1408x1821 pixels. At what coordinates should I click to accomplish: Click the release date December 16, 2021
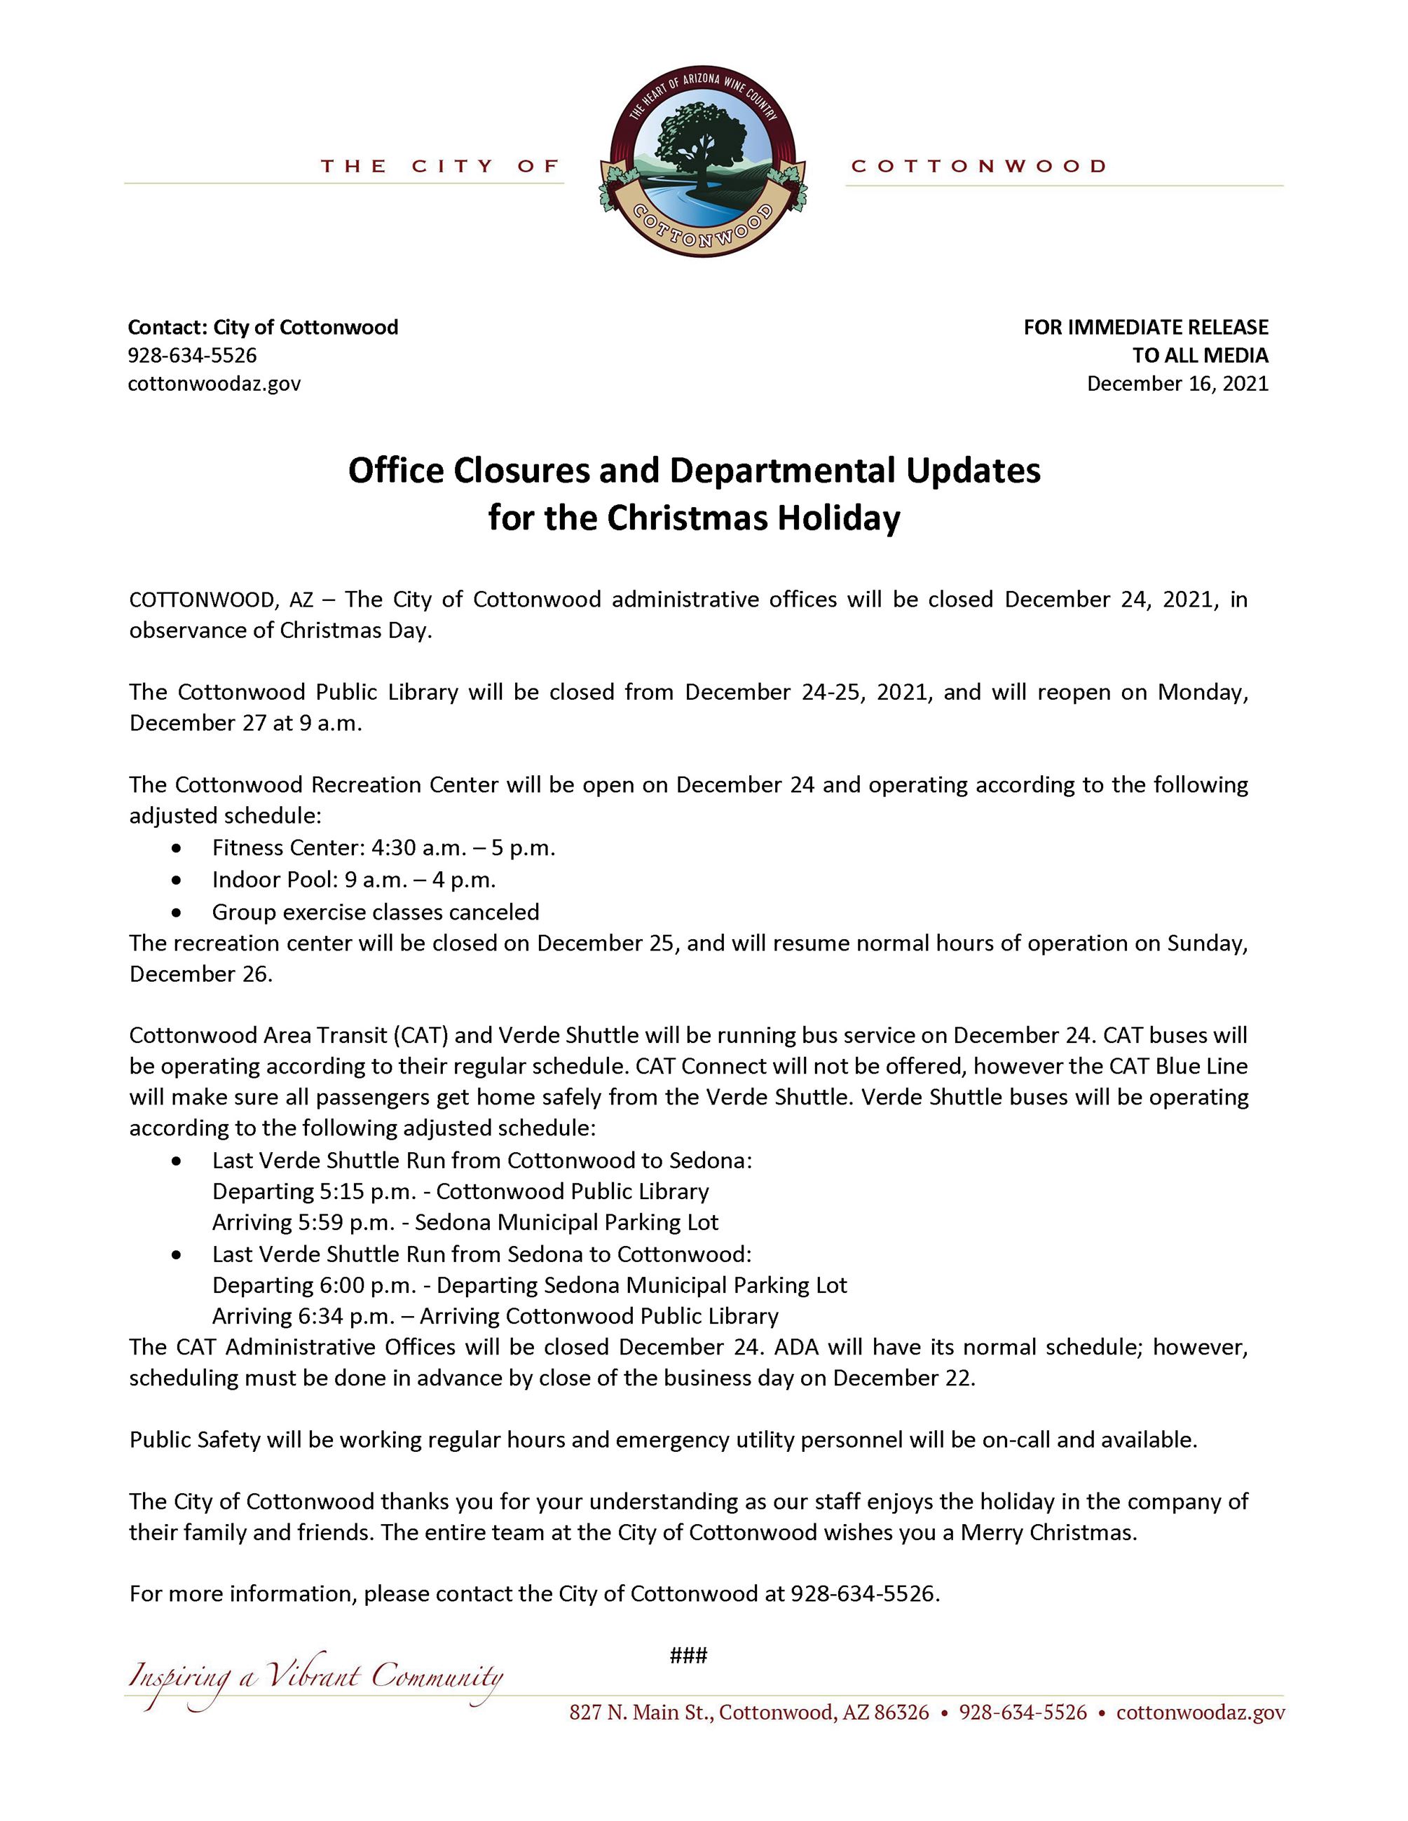coord(1177,384)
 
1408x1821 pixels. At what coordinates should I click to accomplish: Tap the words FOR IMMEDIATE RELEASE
coord(1145,327)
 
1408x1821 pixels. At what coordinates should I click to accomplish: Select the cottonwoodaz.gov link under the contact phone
coord(214,384)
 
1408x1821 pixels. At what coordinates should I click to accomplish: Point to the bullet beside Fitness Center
coord(176,848)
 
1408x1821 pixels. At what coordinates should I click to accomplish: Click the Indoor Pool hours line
coord(354,880)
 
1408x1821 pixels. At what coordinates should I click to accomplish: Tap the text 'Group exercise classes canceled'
coord(376,911)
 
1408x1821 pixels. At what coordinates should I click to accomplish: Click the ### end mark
coord(688,1655)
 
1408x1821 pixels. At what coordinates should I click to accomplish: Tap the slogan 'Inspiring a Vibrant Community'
coord(315,1677)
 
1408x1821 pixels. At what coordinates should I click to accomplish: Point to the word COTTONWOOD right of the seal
coord(978,166)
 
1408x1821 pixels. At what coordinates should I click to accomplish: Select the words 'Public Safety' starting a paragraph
coord(195,1440)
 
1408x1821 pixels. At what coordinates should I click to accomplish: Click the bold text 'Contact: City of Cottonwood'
coord(263,327)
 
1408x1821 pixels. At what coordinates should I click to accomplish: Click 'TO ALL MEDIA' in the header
coord(1199,355)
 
